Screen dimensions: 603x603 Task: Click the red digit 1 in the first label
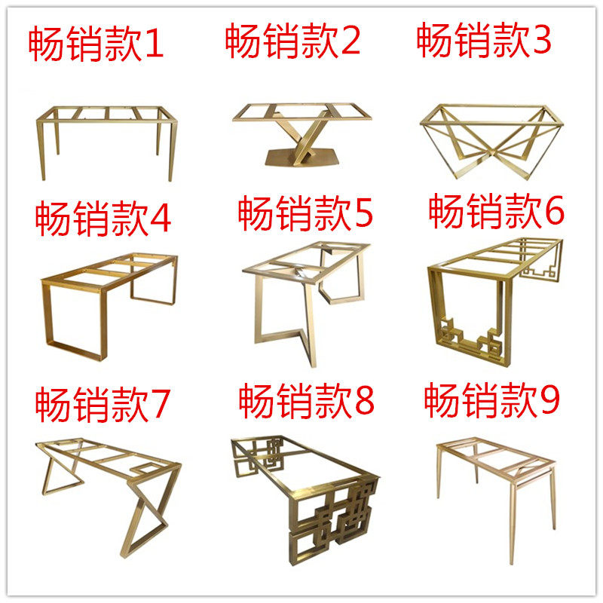pos(154,47)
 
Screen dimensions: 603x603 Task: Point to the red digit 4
pos(160,219)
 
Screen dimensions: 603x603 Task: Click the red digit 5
pos(363,215)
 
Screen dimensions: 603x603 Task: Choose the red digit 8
pos(364,402)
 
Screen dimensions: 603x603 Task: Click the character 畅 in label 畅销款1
pos(47,47)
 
